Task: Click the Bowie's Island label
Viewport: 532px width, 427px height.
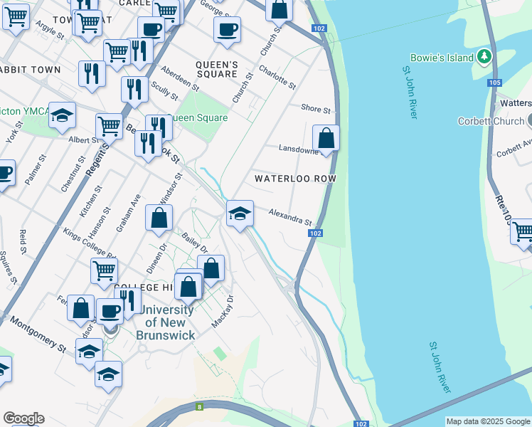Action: [441, 56]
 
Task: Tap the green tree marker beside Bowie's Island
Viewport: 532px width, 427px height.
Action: [484, 56]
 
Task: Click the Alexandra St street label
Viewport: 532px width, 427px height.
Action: [290, 217]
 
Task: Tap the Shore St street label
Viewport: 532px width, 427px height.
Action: [316, 110]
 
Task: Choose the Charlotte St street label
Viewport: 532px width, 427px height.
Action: [277, 76]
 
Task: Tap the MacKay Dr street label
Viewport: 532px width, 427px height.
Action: [222, 311]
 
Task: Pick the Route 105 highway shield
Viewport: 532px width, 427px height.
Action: [494, 83]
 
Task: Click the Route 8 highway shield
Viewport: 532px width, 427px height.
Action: [200, 407]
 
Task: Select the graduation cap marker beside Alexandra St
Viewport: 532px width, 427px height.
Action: [240, 213]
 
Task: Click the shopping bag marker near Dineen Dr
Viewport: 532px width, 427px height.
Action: [159, 218]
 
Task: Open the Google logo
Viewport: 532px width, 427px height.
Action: [23, 418]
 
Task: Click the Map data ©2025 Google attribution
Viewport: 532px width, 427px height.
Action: [488, 421]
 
